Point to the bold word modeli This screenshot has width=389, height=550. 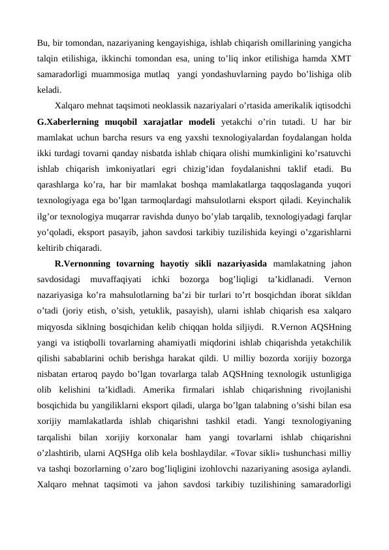[229, 122]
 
